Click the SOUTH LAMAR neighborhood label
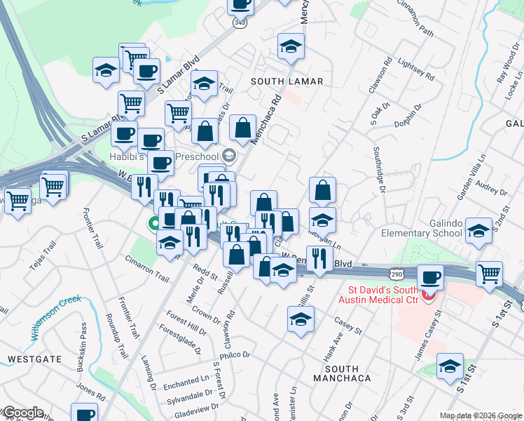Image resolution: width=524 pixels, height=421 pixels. [287, 81]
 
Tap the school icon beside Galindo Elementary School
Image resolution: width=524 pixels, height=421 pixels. [478, 230]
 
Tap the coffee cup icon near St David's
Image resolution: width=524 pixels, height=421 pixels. [430, 277]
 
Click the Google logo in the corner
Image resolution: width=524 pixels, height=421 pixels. [22, 413]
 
